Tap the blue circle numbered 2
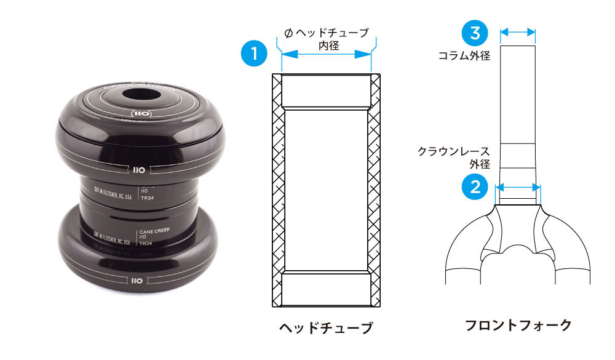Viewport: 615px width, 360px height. tap(474, 186)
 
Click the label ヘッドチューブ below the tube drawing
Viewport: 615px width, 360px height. tap(326, 327)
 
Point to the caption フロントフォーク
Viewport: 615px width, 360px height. tap(518, 324)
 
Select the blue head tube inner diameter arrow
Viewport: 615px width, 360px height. tap(327, 55)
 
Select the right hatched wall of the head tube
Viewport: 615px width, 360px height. tap(375, 191)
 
